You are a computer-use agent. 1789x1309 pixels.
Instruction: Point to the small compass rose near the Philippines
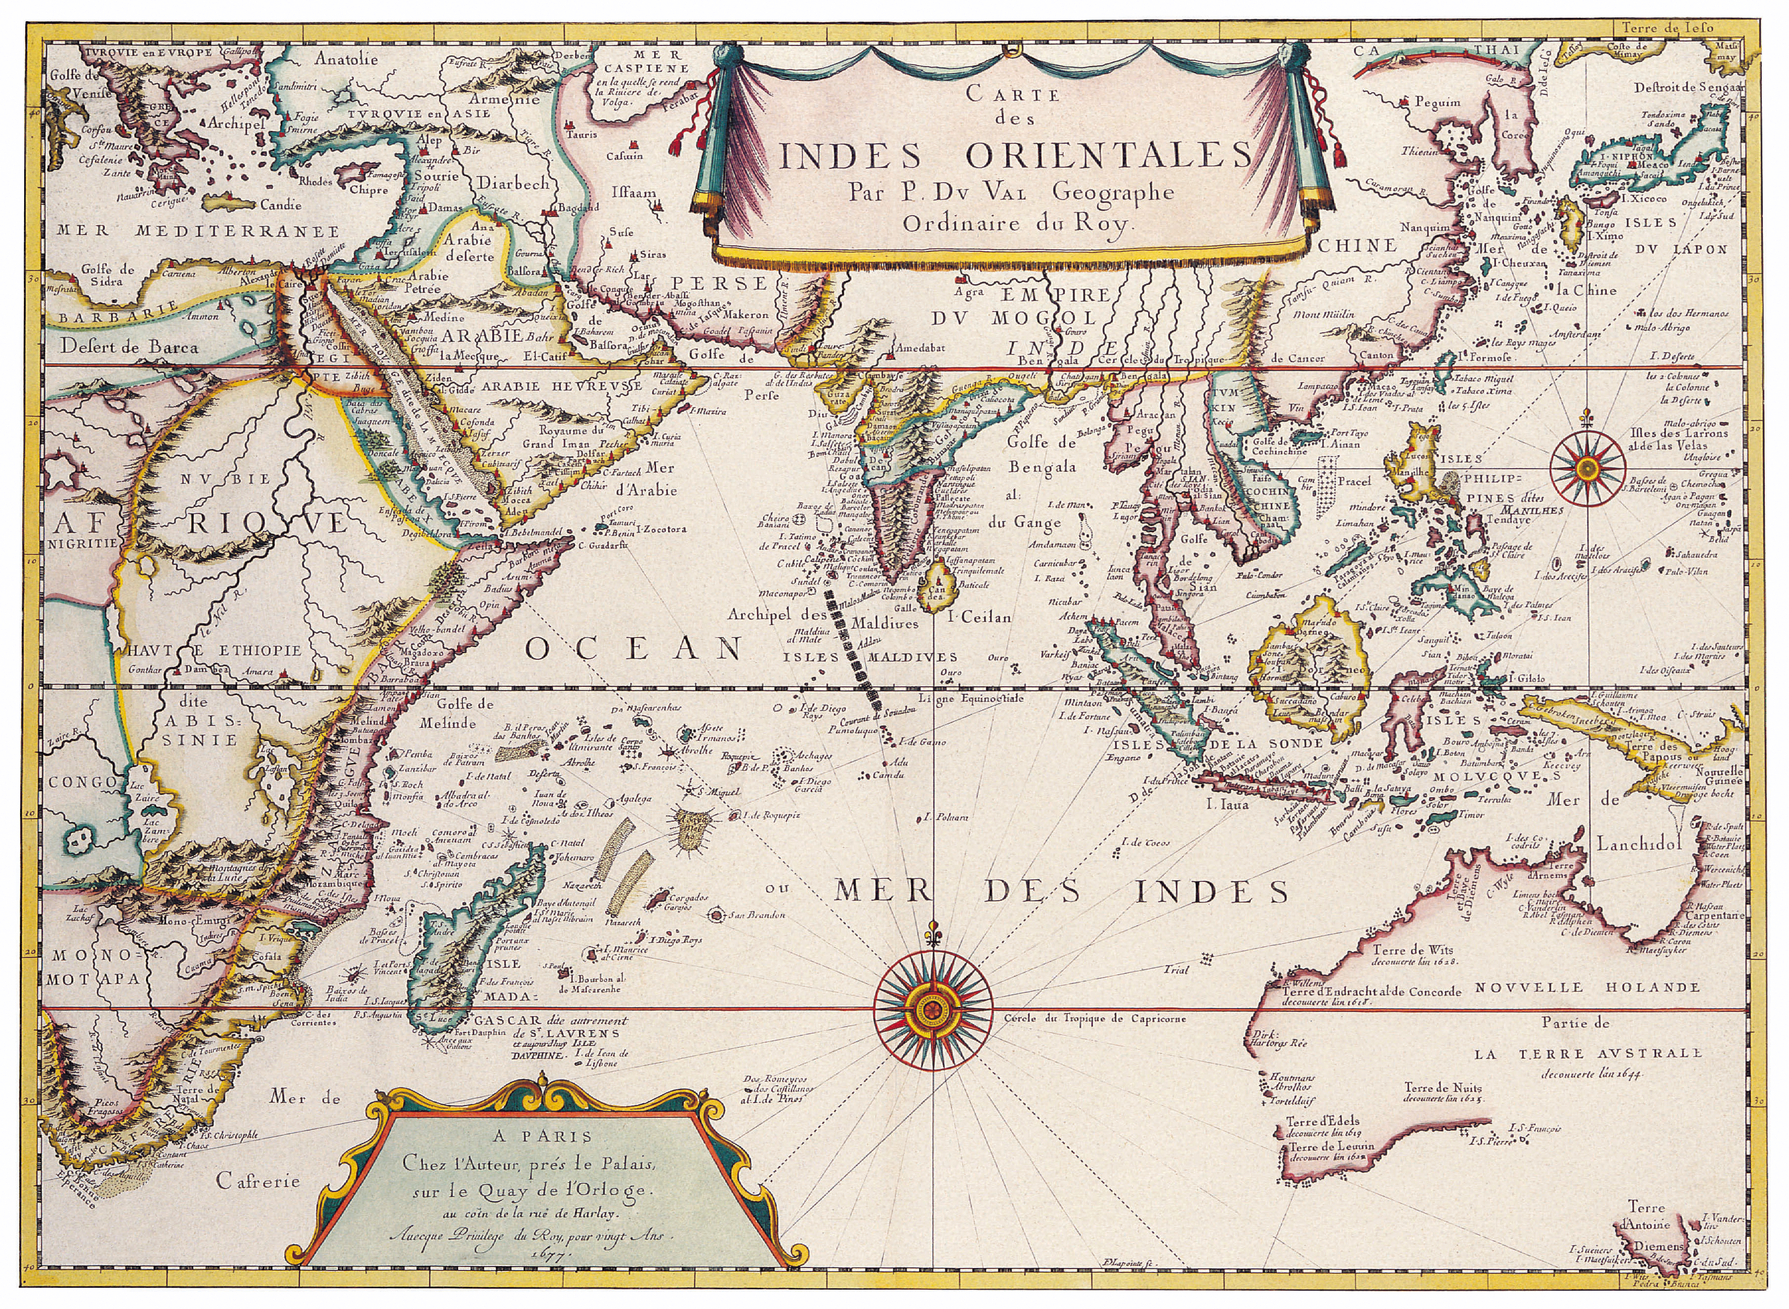point(1587,468)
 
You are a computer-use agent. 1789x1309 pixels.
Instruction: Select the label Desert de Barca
point(129,346)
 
